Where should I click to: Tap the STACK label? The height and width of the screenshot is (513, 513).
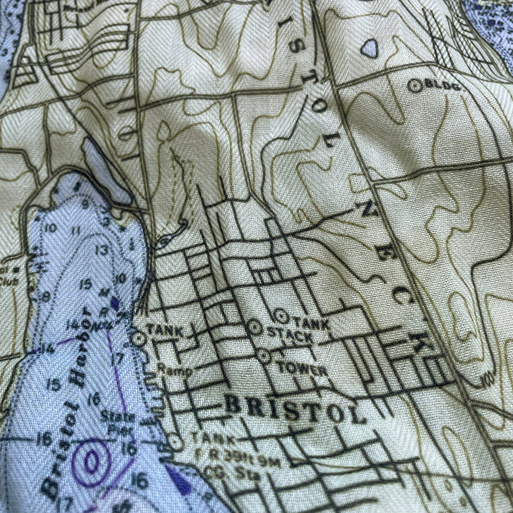(291, 337)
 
